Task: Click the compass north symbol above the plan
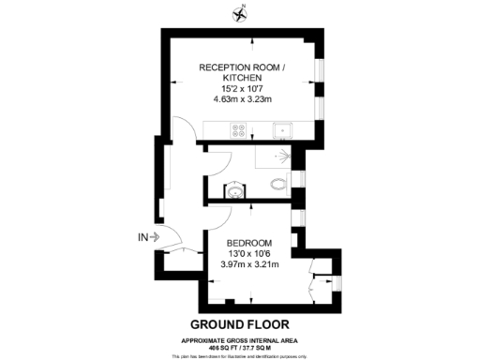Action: point(240,14)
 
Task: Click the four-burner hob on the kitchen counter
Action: point(234,131)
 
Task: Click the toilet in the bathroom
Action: point(277,185)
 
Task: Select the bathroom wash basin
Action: point(234,191)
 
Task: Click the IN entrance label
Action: point(142,237)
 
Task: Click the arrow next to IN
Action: point(155,237)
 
